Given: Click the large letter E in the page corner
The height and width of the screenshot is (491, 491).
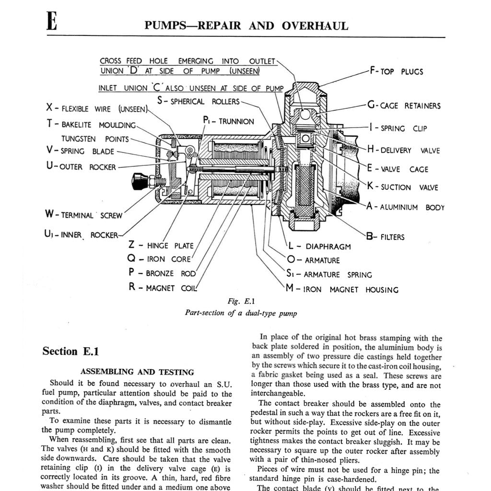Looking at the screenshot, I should click(x=52, y=22).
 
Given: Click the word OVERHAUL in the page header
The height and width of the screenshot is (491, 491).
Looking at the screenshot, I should click(x=315, y=26).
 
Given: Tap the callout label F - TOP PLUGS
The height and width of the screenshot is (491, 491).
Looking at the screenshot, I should click(x=396, y=71).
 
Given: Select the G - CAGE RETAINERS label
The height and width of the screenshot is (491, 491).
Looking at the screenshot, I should click(x=404, y=105).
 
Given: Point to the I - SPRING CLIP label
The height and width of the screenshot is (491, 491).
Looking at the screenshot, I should click(x=398, y=129).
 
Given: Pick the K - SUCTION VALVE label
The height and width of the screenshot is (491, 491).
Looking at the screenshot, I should click(x=403, y=187).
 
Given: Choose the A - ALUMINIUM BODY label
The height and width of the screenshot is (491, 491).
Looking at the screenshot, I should click(x=405, y=208).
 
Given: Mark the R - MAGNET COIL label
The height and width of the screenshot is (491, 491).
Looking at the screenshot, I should click(x=163, y=288).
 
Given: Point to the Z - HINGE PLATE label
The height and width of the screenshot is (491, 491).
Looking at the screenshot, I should click(x=161, y=245).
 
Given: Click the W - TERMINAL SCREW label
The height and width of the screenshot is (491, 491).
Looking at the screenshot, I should click(x=84, y=215).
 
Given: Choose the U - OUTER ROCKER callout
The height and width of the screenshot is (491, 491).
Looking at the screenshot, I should click(x=82, y=167).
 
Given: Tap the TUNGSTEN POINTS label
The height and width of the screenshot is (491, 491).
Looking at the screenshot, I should click(x=95, y=139).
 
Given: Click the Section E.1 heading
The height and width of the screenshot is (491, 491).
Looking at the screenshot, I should click(x=70, y=351).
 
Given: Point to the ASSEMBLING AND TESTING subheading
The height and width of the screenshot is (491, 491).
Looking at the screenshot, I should click(x=137, y=372).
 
